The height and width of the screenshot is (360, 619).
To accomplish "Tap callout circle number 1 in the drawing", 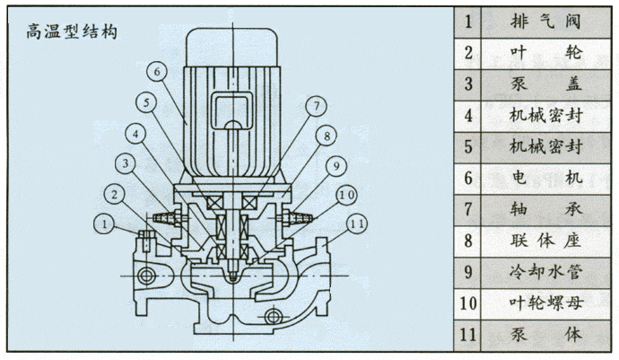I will click(x=106, y=222).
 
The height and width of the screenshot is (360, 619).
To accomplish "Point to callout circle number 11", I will click(x=356, y=222).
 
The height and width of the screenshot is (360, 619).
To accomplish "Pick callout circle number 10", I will click(x=345, y=194).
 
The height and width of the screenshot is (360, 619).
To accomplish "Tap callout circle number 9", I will click(x=335, y=164).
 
